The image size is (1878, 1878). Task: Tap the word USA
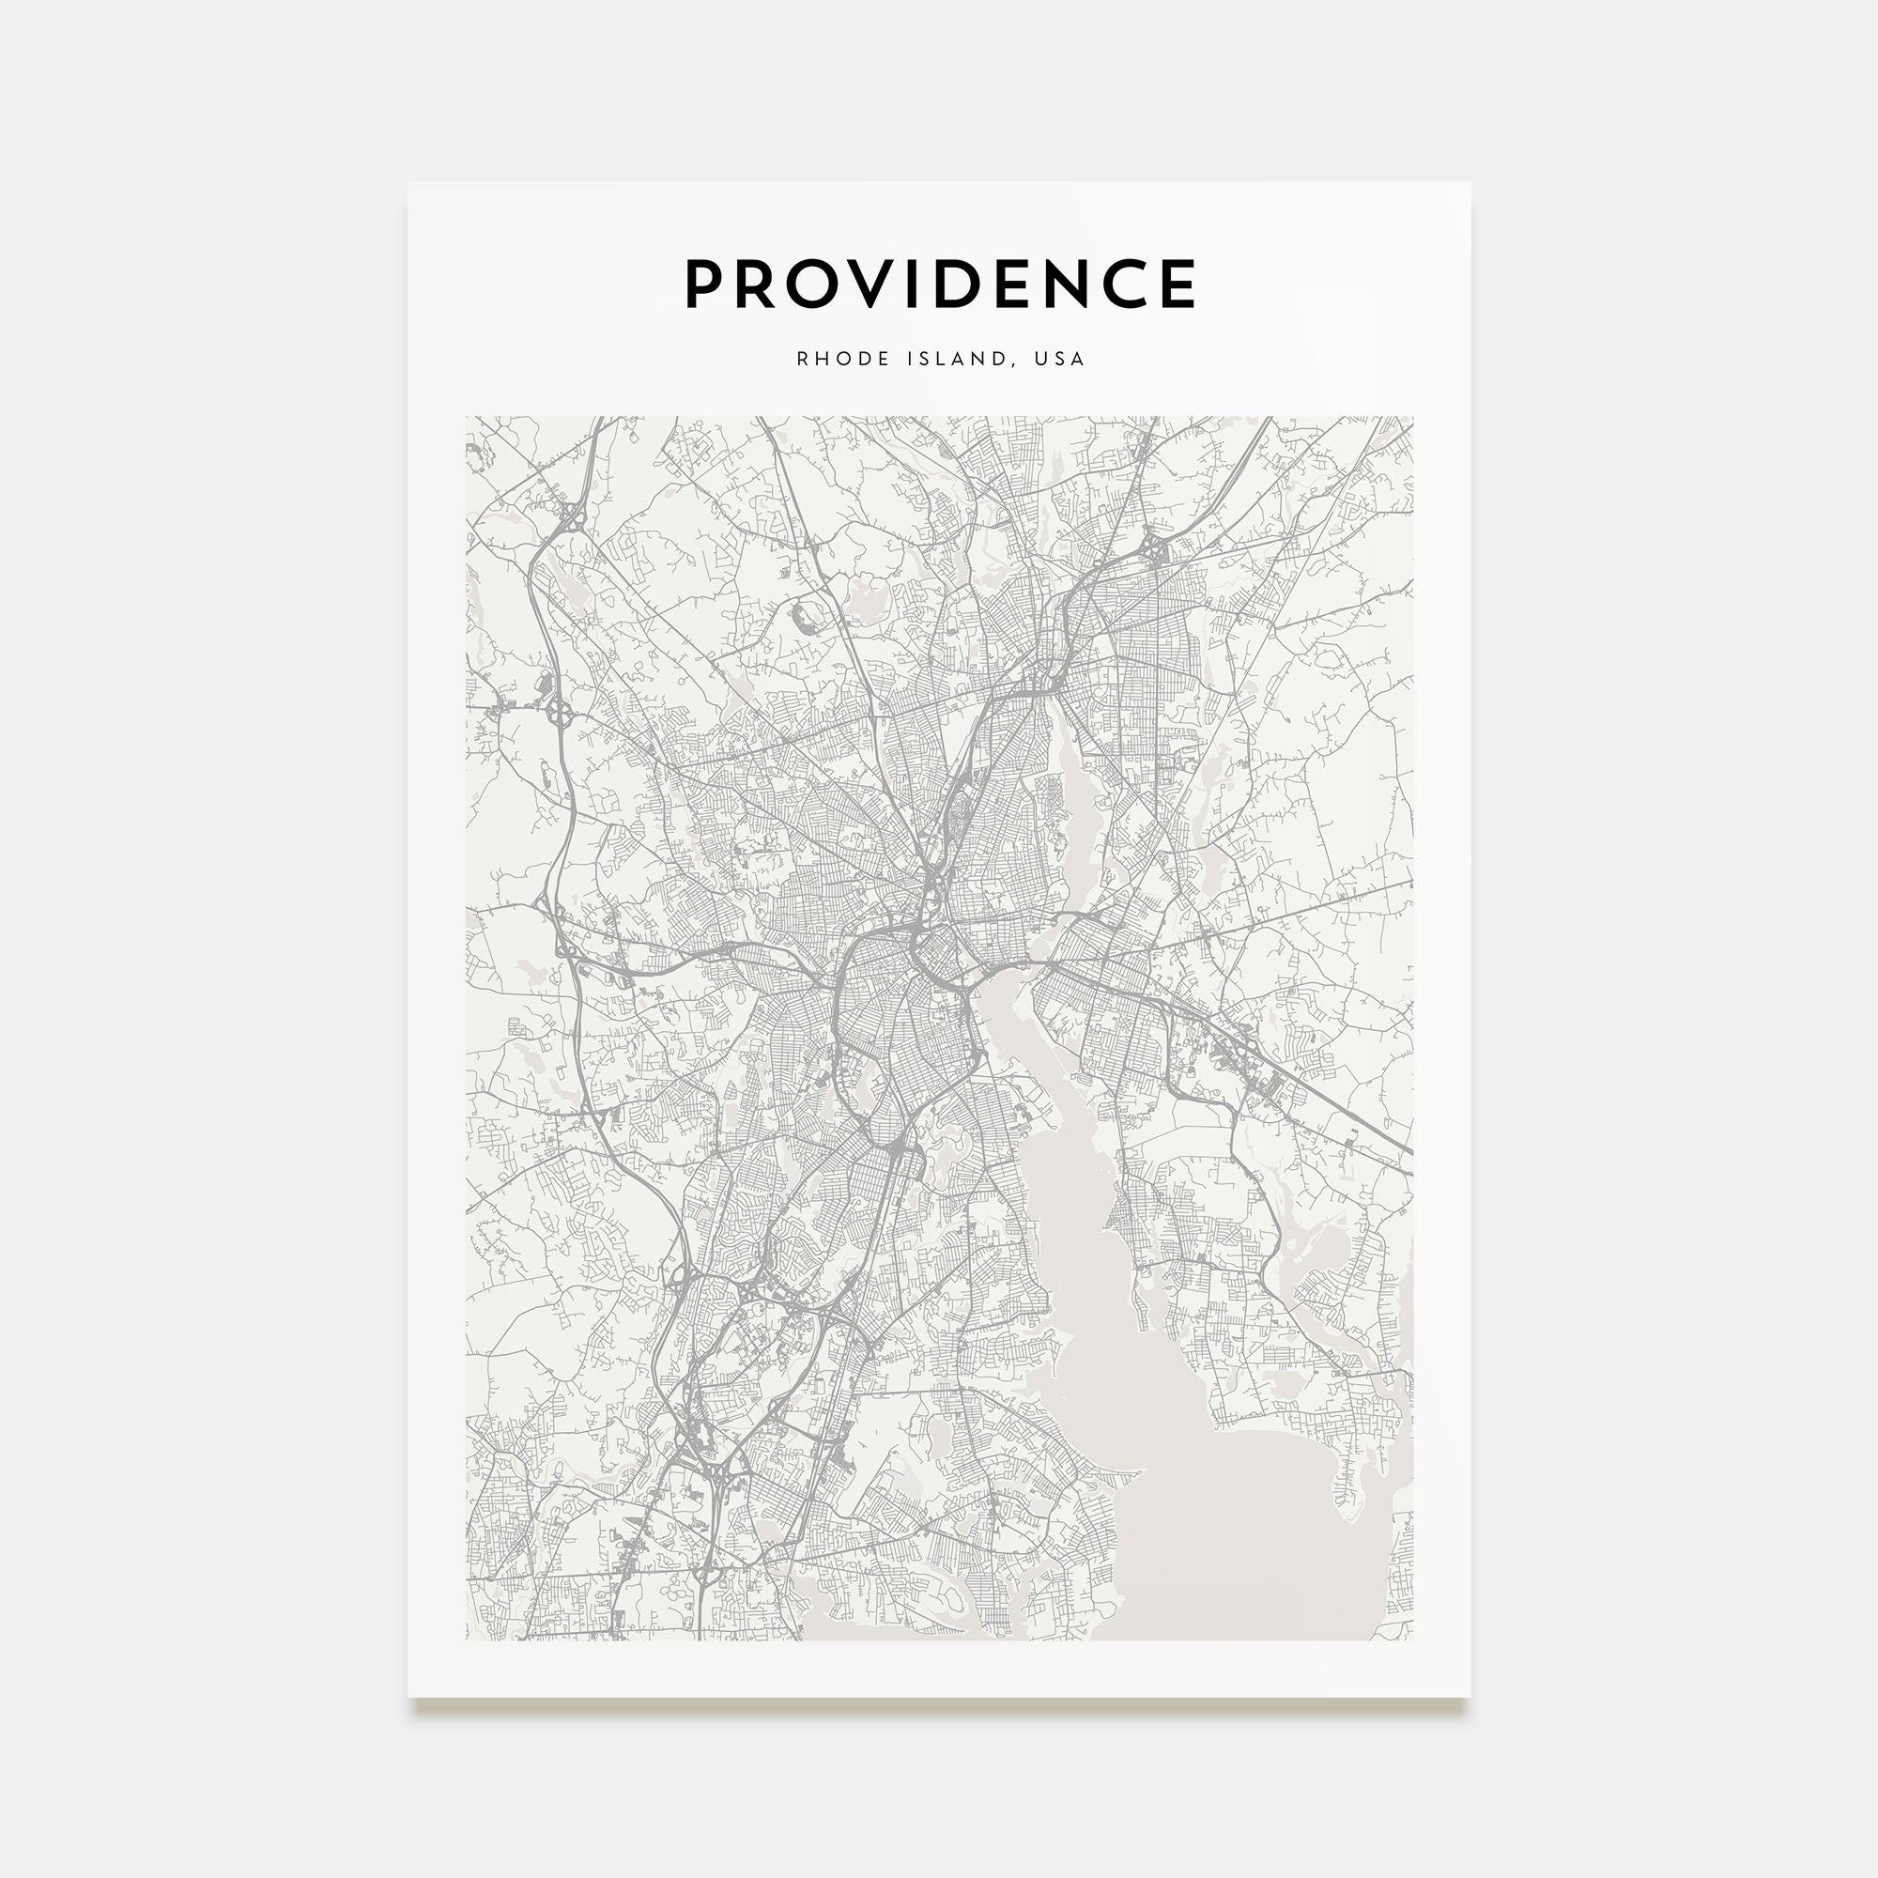[1059, 359]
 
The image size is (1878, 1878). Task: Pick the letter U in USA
[1041, 359]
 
